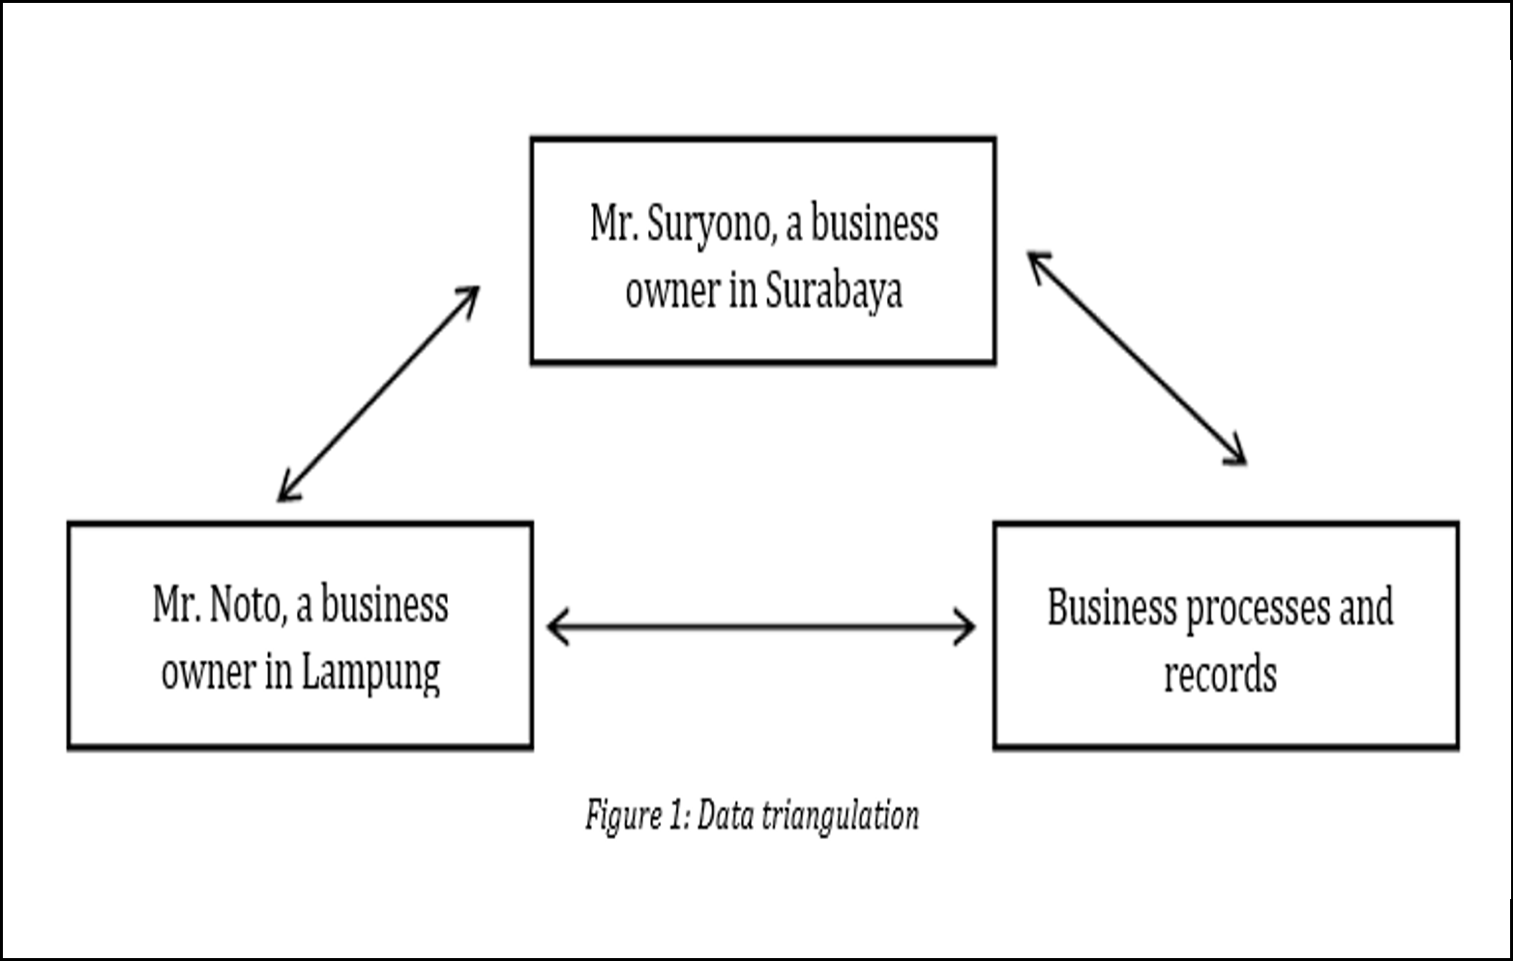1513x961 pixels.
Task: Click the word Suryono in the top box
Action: pyautogui.click(x=708, y=225)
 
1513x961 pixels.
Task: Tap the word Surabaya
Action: pyautogui.click(x=834, y=292)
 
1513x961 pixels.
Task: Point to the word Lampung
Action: pyautogui.click(x=371, y=675)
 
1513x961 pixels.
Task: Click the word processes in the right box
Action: pyautogui.click(x=1258, y=609)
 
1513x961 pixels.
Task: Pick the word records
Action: pyautogui.click(x=1220, y=675)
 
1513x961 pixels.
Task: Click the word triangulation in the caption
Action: pyautogui.click(x=841, y=817)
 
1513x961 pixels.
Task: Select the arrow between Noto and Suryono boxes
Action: pyautogui.click(x=379, y=394)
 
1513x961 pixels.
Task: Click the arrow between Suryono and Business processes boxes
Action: pyautogui.click(x=1136, y=359)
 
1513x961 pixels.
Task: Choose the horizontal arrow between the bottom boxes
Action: pyautogui.click(x=760, y=627)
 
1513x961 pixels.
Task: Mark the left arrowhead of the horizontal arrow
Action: pyautogui.click(x=556, y=627)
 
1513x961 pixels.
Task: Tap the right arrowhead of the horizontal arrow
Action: pyautogui.click(x=965, y=627)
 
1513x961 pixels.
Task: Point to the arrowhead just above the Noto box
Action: pyautogui.click(x=287, y=492)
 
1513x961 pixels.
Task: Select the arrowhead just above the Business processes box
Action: pyautogui.click(x=1237, y=456)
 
